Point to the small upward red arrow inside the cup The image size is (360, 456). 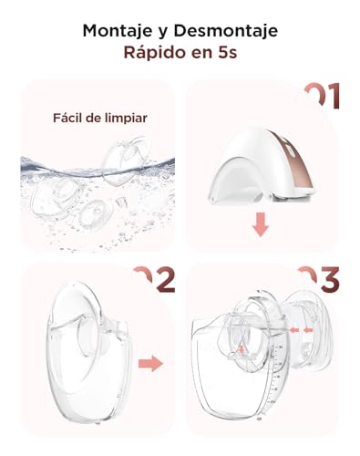pos(241,351)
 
